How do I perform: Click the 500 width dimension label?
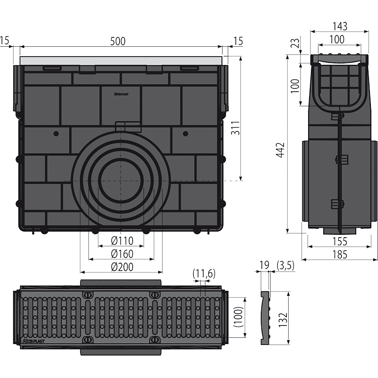(x=118, y=41)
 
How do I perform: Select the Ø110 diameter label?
(x=122, y=241)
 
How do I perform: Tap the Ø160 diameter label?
(x=122, y=254)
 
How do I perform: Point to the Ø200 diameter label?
(x=122, y=266)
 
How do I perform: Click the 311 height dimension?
(x=235, y=128)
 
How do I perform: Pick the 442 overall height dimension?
(x=280, y=150)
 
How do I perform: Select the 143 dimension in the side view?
(x=340, y=26)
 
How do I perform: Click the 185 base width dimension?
(x=340, y=255)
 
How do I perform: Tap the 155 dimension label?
(x=340, y=241)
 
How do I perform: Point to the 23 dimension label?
(x=296, y=43)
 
